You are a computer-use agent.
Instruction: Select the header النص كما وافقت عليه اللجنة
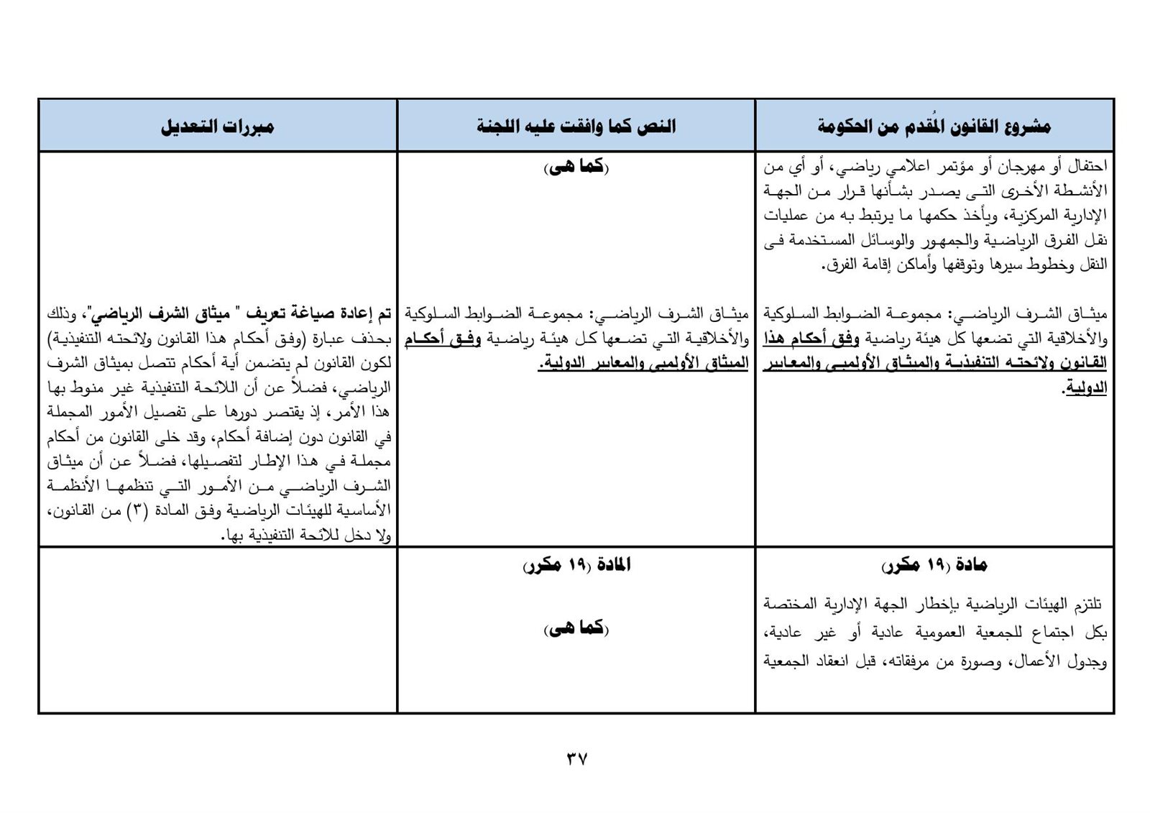tap(576, 127)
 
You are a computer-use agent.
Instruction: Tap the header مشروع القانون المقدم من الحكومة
tap(934, 127)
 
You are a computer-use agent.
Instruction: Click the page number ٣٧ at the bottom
tap(576, 758)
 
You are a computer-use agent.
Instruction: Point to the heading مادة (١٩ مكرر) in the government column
tap(934, 566)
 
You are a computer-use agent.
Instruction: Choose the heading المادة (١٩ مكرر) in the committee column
tap(576, 566)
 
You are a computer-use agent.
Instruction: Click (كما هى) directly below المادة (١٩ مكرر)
tap(576, 629)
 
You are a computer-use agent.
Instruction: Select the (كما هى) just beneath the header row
tap(576, 167)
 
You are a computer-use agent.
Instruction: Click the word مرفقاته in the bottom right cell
tap(906, 661)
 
